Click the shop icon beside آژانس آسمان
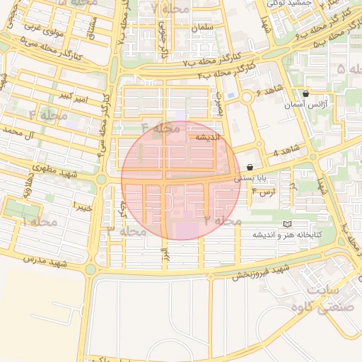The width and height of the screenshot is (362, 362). pyautogui.click(x=305, y=93)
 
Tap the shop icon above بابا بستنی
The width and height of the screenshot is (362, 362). pyautogui.click(x=250, y=168)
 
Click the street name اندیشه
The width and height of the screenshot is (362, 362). pyautogui.click(x=210, y=137)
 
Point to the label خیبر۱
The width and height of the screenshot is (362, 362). pyautogui.click(x=82, y=206)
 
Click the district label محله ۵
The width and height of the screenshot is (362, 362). pyautogui.click(x=349, y=69)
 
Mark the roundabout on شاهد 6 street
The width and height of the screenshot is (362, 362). pyautogui.click(x=248, y=98)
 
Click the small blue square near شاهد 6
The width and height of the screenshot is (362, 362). pyautogui.click(x=230, y=95)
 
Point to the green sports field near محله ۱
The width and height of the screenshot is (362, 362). pyautogui.click(x=21, y=209)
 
